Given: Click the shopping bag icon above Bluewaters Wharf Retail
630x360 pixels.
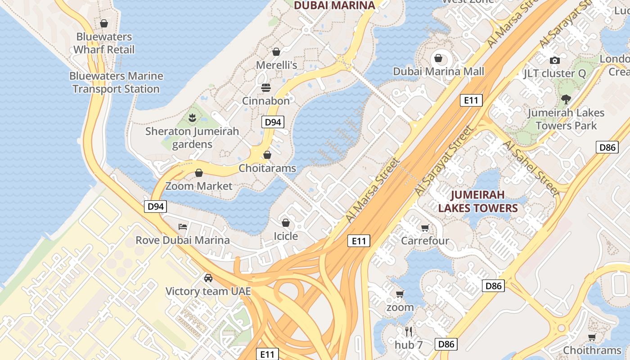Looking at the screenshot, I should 104,23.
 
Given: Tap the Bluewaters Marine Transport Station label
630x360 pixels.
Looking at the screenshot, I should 116,82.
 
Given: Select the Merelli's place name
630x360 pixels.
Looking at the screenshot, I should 276,65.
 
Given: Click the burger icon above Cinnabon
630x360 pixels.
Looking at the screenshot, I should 266,87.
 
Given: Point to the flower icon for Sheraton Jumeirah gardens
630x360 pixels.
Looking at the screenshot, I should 192,118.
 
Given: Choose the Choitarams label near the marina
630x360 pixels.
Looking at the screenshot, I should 267,168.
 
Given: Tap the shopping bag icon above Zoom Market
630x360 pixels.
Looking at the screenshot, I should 199,173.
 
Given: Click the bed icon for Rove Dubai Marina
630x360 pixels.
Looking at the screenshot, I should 183,226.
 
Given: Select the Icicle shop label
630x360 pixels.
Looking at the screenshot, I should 286,236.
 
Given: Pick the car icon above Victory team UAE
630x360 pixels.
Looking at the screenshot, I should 208,278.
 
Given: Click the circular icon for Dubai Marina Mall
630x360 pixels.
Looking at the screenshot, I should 438,58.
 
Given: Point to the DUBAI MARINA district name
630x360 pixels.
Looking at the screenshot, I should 334,5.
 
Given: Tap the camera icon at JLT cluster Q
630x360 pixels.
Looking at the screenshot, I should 554,60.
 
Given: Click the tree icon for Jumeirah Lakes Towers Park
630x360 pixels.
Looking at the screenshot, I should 566,99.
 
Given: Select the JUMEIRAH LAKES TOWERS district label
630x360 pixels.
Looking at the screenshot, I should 478,201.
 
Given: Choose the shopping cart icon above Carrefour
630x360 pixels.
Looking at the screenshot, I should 425,228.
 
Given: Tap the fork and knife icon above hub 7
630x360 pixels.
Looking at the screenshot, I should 409,332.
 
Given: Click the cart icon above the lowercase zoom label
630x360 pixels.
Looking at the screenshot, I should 400,294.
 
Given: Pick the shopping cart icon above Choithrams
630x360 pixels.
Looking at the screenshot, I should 592,337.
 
